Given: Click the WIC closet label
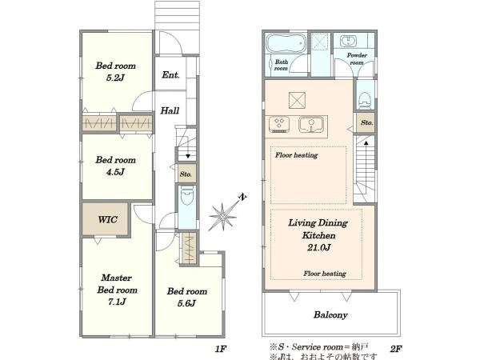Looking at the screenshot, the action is tap(107, 219).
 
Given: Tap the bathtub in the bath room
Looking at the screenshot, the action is tap(286, 43).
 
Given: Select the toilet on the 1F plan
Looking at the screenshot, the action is tap(187, 196).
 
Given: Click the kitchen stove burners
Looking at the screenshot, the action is tap(279, 125).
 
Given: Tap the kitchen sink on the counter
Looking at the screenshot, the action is tap(310, 124).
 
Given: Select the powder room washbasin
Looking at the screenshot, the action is tap(349, 42).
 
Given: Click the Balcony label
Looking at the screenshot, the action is tap(330, 314).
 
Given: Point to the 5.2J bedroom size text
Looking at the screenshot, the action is tap(115, 78).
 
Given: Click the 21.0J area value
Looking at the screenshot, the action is tap(318, 247).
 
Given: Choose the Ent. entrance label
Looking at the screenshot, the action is tap(170, 74).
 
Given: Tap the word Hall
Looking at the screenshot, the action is tap(170, 110).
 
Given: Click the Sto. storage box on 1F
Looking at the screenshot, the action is tap(186, 174).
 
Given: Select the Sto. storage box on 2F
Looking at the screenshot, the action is tap(366, 122).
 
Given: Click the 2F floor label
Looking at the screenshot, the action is tap(396, 348).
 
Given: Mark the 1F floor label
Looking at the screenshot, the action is tap(220, 348).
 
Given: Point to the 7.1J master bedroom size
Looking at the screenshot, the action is tap(117, 302).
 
